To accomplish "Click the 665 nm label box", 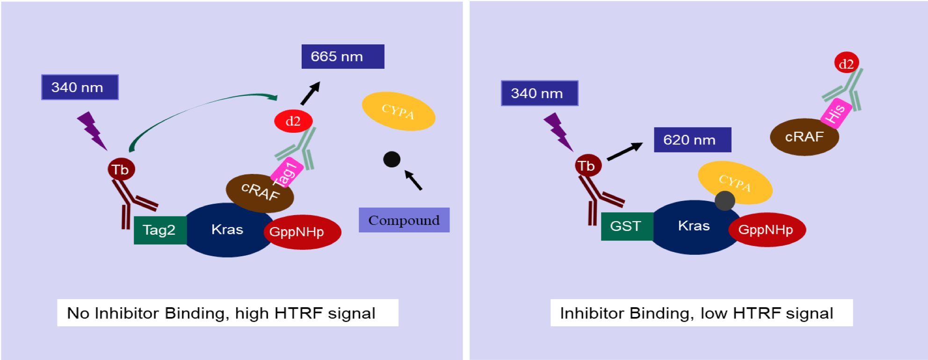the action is pyautogui.click(x=343, y=57).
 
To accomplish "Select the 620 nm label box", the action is pyautogui.click(x=692, y=140).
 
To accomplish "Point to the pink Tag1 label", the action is pyautogui.click(x=287, y=173).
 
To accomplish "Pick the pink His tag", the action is pyautogui.click(x=836, y=113).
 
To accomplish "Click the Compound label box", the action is pyautogui.click(x=404, y=220).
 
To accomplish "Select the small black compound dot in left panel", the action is pyautogui.click(x=392, y=159).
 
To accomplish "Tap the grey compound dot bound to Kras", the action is pyautogui.click(x=725, y=201).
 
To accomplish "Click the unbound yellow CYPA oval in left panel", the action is pyautogui.click(x=399, y=111).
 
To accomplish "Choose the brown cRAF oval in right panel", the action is pyautogui.click(x=805, y=137).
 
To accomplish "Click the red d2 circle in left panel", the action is pyautogui.click(x=293, y=121).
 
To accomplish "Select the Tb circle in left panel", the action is pyautogui.click(x=122, y=169).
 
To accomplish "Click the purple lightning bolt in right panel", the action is pyautogui.click(x=558, y=132).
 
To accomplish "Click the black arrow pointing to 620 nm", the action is pyautogui.click(x=625, y=151).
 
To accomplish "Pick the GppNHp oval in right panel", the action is pyautogui.click(x=767, y=230).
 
